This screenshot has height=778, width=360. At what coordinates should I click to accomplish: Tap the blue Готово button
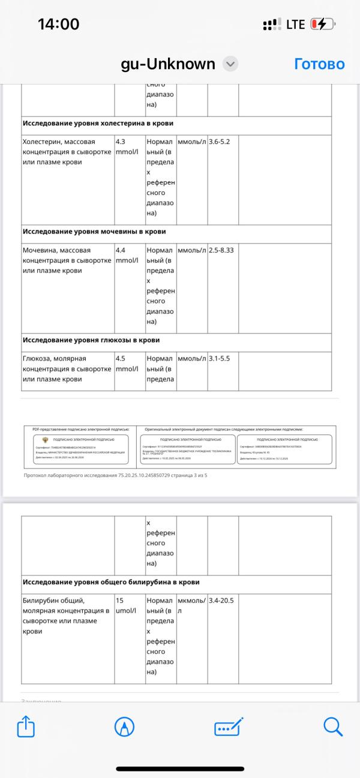tap(319, 64)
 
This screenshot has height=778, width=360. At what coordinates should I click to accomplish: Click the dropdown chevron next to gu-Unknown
tap(230, 64)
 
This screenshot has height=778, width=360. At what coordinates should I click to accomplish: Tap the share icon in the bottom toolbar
tap(26, 727)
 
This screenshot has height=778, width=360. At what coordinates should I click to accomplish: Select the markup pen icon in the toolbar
tap(124, 727)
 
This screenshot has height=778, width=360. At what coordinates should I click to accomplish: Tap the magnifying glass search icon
tap(333, 726)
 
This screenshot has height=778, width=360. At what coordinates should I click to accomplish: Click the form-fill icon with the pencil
tap(229, 727)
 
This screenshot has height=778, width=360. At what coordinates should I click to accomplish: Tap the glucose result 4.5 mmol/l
tap(127, 364)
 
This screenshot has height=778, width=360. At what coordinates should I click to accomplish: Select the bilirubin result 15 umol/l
tap(127, 605)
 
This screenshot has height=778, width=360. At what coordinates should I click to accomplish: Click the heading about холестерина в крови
tap(98, 123)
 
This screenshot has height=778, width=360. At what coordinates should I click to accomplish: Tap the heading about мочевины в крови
tap(94, 231)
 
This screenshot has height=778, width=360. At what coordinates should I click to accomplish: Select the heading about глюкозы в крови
tap(91, 340)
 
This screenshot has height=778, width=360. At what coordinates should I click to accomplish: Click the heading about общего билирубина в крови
tap(111, 582)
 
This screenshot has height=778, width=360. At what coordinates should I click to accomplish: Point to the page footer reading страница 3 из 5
tap(115, 476)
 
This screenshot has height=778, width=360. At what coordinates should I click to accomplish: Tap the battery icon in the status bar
tap(321, 25)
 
